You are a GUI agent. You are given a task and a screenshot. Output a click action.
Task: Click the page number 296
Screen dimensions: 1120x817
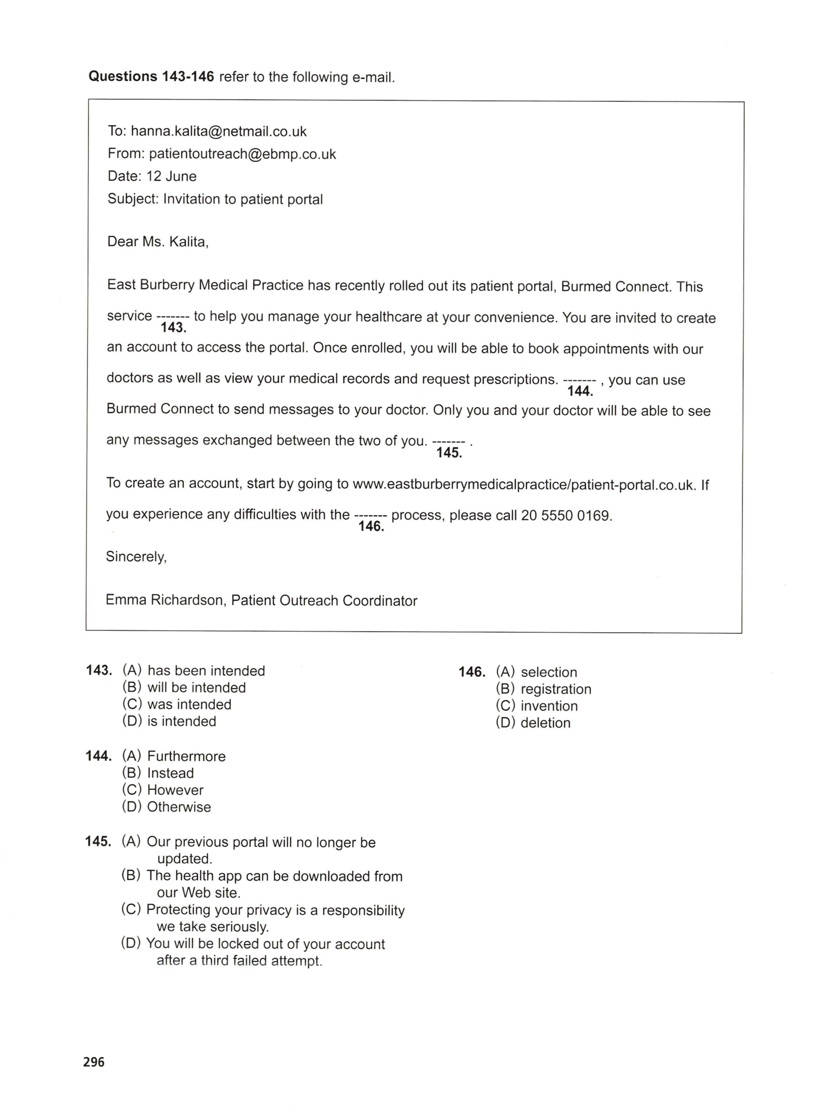click(94, 1062)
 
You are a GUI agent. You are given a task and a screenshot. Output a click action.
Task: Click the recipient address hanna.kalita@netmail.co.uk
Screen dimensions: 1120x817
click(219, 132)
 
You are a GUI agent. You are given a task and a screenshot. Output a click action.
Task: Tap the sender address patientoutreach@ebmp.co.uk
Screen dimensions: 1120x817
click(242, 154)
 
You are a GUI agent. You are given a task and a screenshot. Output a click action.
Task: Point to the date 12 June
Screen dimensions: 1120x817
click(171, 176)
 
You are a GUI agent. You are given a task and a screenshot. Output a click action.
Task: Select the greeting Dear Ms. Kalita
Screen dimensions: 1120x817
click(157, 242)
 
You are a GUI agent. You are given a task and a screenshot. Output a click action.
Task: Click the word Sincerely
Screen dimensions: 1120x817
click(136, 557)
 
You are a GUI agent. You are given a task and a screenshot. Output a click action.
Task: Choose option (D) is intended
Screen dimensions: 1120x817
click(181, 721)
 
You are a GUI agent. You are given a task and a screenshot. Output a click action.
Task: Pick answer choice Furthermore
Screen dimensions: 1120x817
click(186, 756)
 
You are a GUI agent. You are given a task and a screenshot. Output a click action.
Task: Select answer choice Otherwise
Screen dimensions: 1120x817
click(179, 807)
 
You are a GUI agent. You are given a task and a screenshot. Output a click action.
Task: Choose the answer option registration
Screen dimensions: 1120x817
click(556, 689)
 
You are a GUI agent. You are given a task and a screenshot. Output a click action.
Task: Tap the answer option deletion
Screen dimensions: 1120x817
click(545, 723)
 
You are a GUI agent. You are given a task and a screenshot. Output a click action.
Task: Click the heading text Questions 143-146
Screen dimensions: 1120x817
click(151, 76)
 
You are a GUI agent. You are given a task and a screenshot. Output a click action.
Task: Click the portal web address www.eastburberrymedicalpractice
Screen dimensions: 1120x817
click(523, 485)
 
